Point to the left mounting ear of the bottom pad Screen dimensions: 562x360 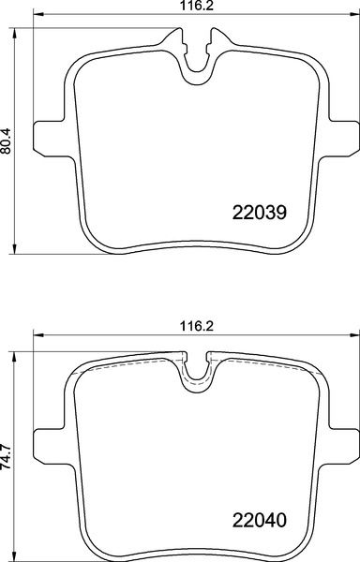[49, 445]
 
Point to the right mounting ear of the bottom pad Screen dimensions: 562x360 [341, 445]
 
